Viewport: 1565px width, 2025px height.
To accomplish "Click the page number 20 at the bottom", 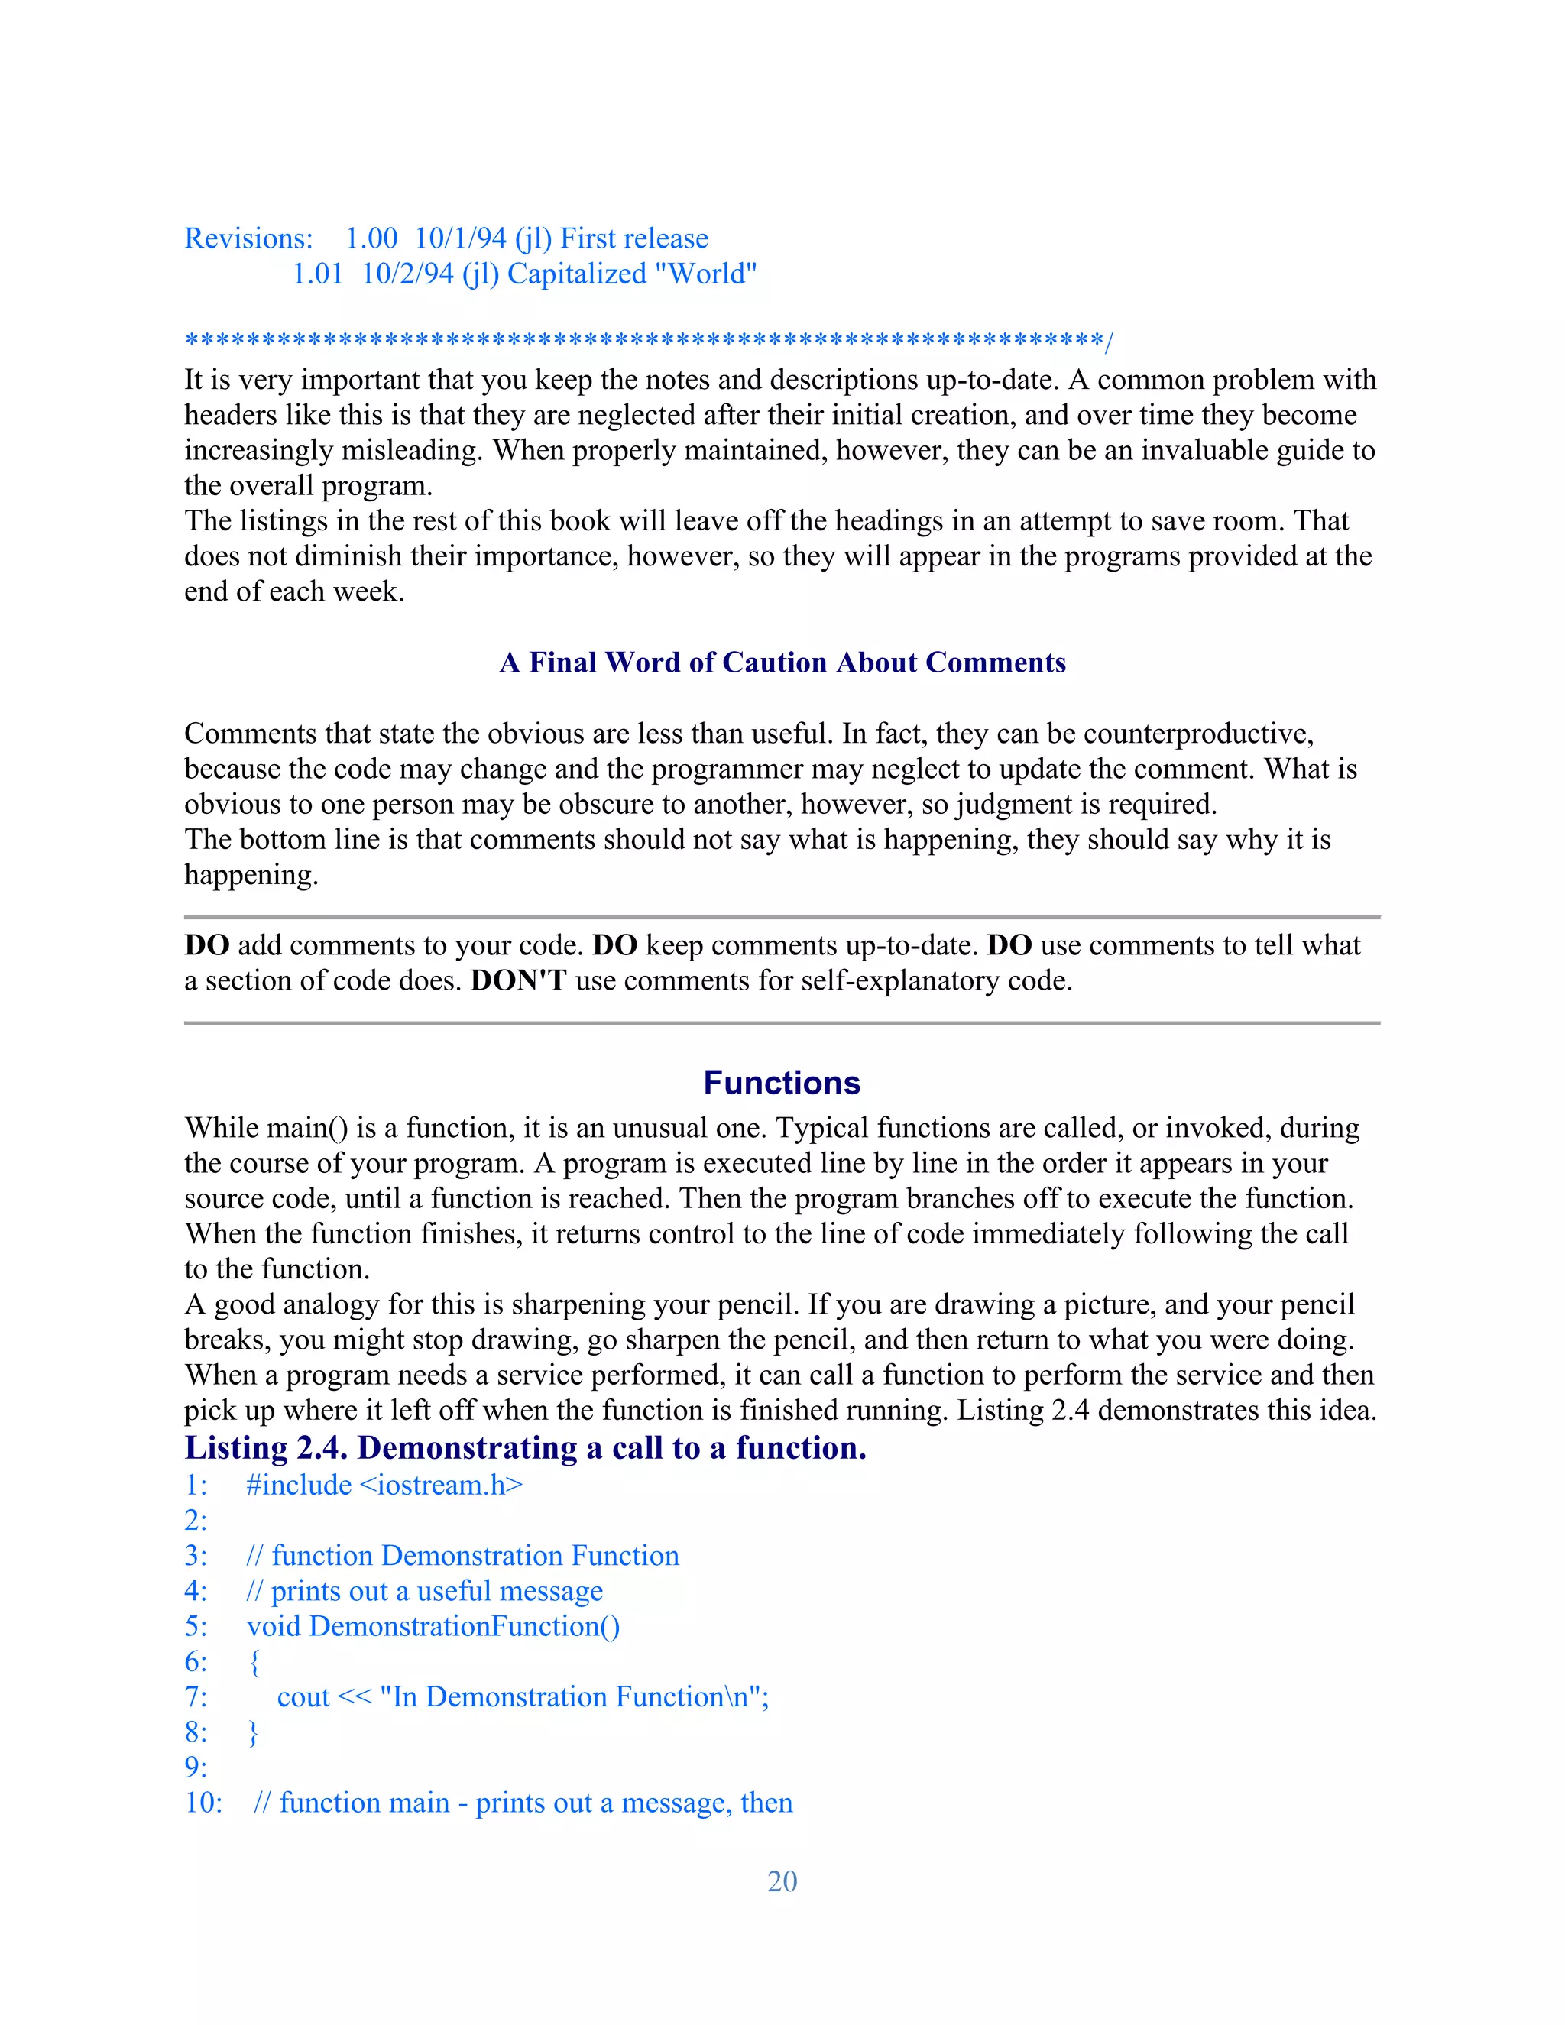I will point(782,1881).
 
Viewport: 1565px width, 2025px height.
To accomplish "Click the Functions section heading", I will point(782,1082).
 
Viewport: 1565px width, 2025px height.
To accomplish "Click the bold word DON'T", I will point(518,980).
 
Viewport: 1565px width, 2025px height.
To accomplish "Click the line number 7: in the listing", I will point(196,1696).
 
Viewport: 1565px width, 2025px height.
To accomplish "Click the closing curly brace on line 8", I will point(254,1732).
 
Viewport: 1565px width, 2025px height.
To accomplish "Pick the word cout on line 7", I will point(303,1696).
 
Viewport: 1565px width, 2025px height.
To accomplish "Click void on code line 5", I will point(274,1625).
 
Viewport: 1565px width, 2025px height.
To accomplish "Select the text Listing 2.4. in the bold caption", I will point(266,1447).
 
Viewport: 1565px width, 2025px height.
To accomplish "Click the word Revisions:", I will point(248,238).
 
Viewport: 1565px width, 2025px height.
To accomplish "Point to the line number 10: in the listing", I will point(203,1802).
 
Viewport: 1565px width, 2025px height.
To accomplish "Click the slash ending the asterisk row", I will point(1108,342).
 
